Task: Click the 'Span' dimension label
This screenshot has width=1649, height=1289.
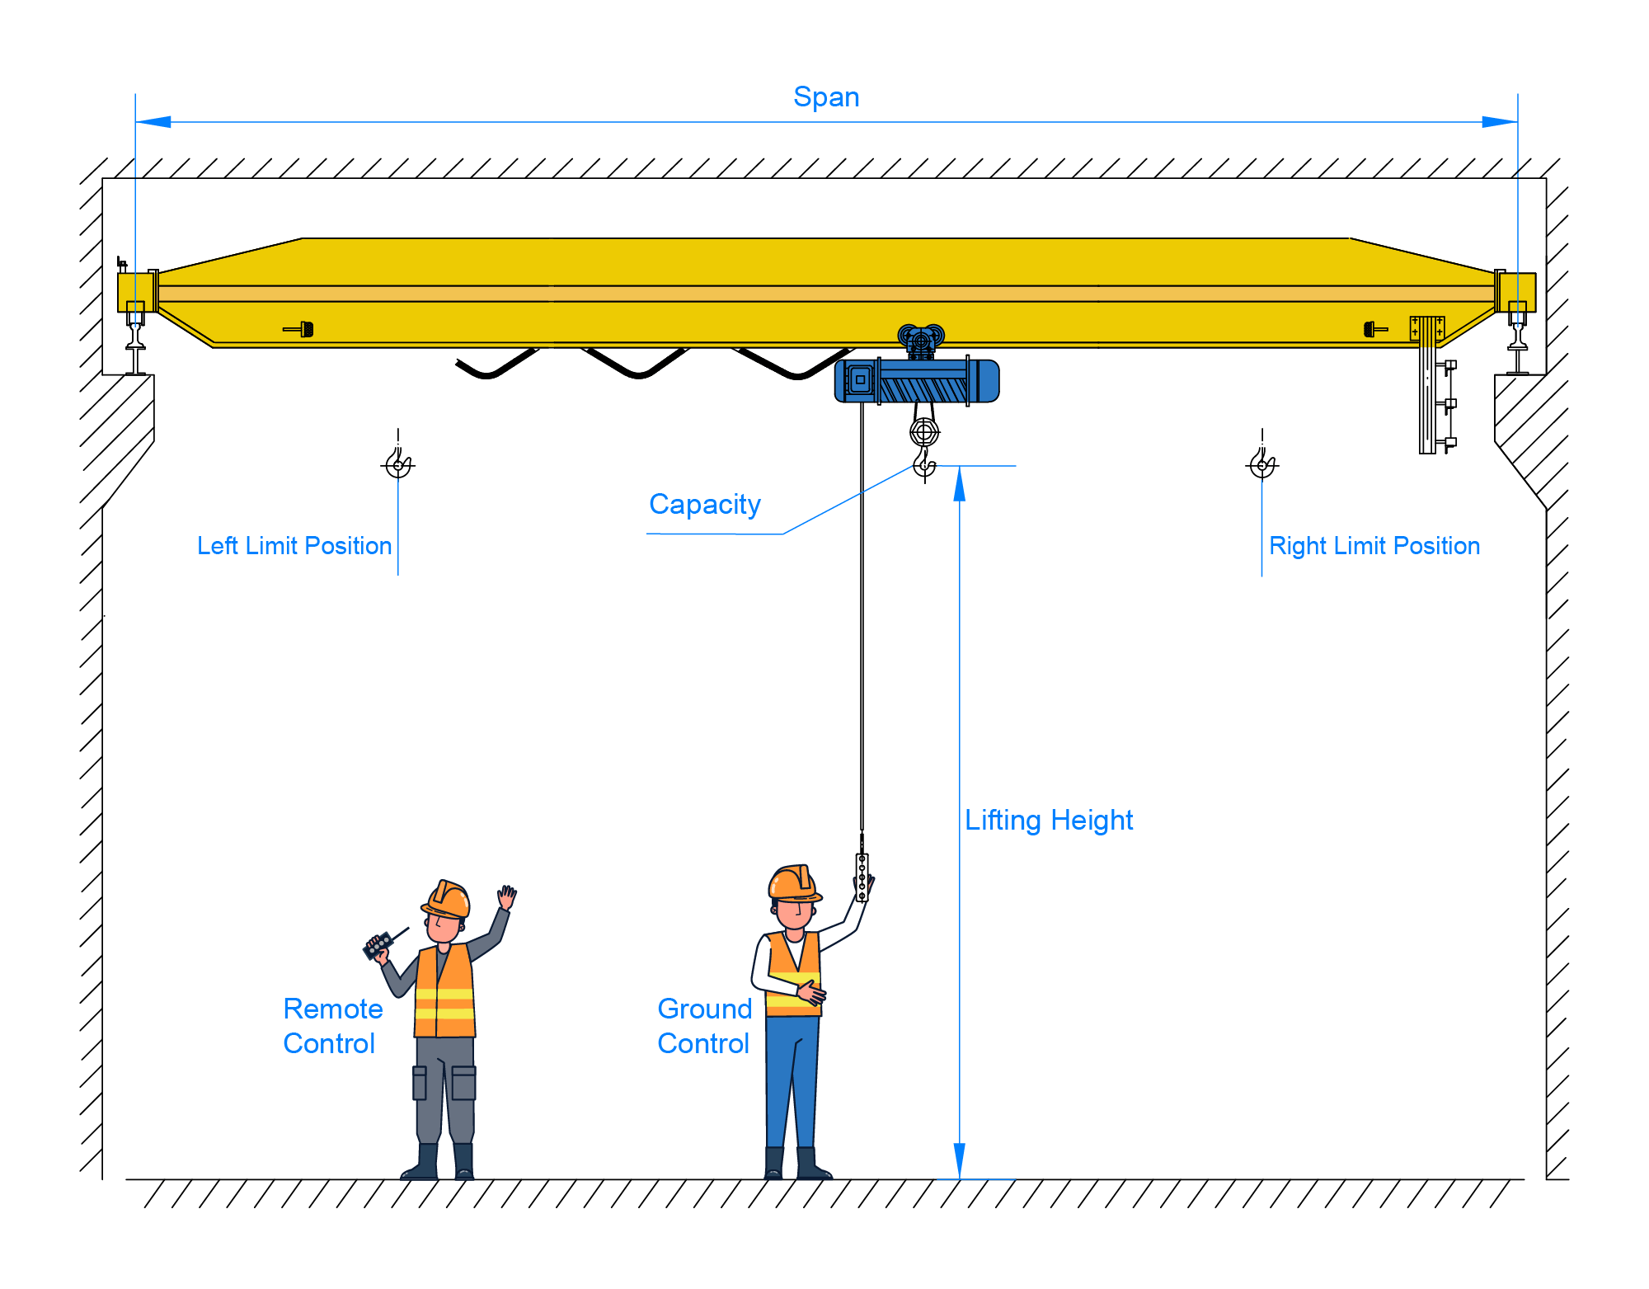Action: tap(826, 97)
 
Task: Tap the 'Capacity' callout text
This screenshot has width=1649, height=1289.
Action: tap(704, 504)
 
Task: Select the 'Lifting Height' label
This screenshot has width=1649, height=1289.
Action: tap(1049, 820)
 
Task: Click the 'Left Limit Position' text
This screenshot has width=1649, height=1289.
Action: tap(294, 546)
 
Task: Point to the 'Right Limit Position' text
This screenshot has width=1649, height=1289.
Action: tap(1374, 546)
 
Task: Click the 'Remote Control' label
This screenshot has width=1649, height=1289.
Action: tap(332, 1026)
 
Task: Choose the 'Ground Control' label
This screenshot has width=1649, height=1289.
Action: tap(705, 1026)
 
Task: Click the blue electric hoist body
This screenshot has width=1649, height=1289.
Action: tap(917, 381)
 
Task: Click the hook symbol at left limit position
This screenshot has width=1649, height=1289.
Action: tap(399, 463)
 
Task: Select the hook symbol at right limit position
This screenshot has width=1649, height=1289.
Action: tap(1262, 463)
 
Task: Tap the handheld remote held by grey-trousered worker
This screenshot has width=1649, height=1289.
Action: tap(378, 945)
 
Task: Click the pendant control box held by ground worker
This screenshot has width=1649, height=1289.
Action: tap(862, 877)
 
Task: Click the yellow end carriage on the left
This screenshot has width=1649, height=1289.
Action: tap(136, 291)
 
